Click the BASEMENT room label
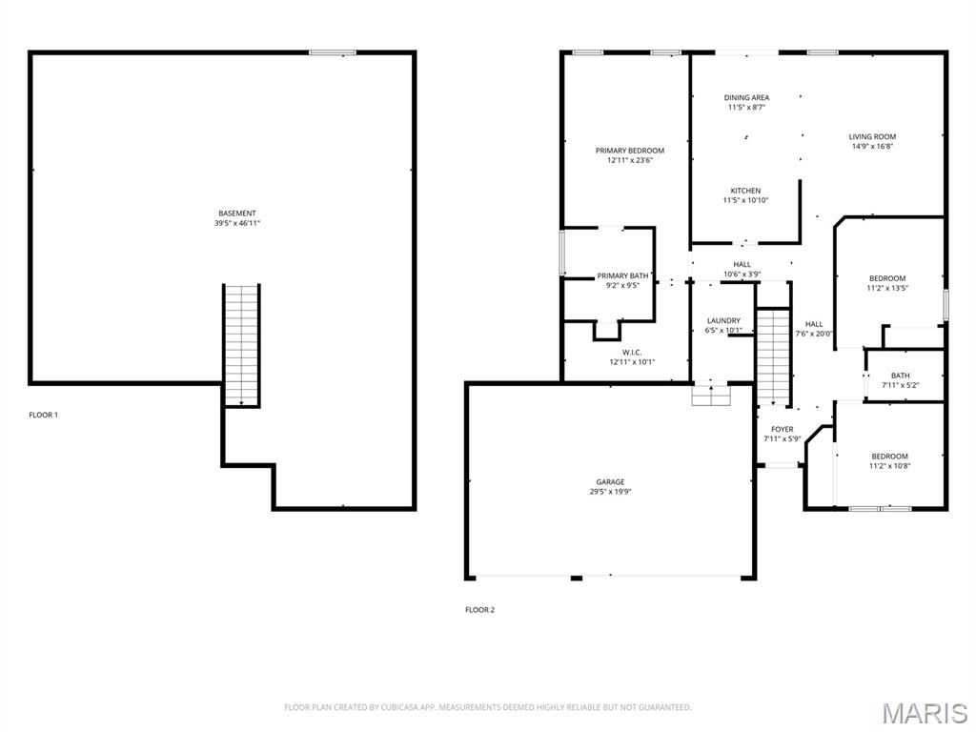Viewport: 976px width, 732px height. pos(236,213)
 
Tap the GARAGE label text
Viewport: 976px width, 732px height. pos(610,481)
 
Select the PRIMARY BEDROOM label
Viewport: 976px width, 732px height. pos(630,151)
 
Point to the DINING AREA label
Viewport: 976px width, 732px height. pos(746,98)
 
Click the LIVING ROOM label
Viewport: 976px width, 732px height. pos(872,137)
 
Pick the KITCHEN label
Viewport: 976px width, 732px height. pos(745,191)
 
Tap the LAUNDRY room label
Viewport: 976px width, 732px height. pos(723,320)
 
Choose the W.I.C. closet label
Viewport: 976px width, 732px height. pos(632,353)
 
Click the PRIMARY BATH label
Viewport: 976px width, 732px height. pos(622,275)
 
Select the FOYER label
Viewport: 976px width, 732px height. pos(783,429)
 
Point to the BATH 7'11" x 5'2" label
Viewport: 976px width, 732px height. pos(900,380)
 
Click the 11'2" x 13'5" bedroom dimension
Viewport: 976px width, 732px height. pos(887,288)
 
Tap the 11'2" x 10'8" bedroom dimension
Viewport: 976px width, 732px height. pos(890,465)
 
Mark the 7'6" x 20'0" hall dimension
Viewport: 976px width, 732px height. pos(814,334)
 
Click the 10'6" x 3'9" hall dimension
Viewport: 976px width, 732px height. pos(742,274)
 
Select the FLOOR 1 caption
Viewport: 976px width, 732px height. pos(43,415)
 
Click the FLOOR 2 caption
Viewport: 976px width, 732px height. pos(480,610)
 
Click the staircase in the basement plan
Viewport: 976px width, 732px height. pos(241,345)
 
